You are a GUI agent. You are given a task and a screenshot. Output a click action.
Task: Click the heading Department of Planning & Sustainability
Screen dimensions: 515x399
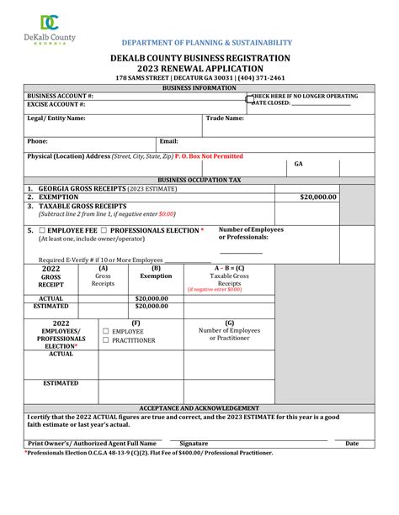tap(207, 42)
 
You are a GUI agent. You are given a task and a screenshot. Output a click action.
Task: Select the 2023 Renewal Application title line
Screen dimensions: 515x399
tap(199, 69)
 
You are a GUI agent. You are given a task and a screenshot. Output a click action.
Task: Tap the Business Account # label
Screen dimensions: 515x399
tap(60, 97)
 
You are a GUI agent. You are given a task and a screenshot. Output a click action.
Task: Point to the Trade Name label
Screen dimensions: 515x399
tap(225, 118)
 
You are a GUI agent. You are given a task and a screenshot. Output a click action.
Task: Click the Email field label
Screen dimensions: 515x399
tap(168, 142)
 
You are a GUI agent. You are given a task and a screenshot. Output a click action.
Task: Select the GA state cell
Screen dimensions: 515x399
tap(299, 165)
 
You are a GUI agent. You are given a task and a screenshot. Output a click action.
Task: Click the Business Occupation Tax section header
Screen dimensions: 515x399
tap(199, 180)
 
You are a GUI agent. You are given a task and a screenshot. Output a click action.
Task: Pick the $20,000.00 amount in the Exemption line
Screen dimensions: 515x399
tap(318, 197)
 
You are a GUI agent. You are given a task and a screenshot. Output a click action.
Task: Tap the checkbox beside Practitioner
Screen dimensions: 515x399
tap(106, 341)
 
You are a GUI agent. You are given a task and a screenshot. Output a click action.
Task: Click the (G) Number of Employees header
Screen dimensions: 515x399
tap(229, 331)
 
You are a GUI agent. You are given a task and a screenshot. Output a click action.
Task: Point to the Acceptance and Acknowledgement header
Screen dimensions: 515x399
tap(199, 407)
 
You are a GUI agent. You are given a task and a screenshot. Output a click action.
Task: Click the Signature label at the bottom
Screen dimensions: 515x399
tap(194, 443)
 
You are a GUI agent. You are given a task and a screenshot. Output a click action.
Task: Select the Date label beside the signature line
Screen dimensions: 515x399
tap(352, 443)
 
